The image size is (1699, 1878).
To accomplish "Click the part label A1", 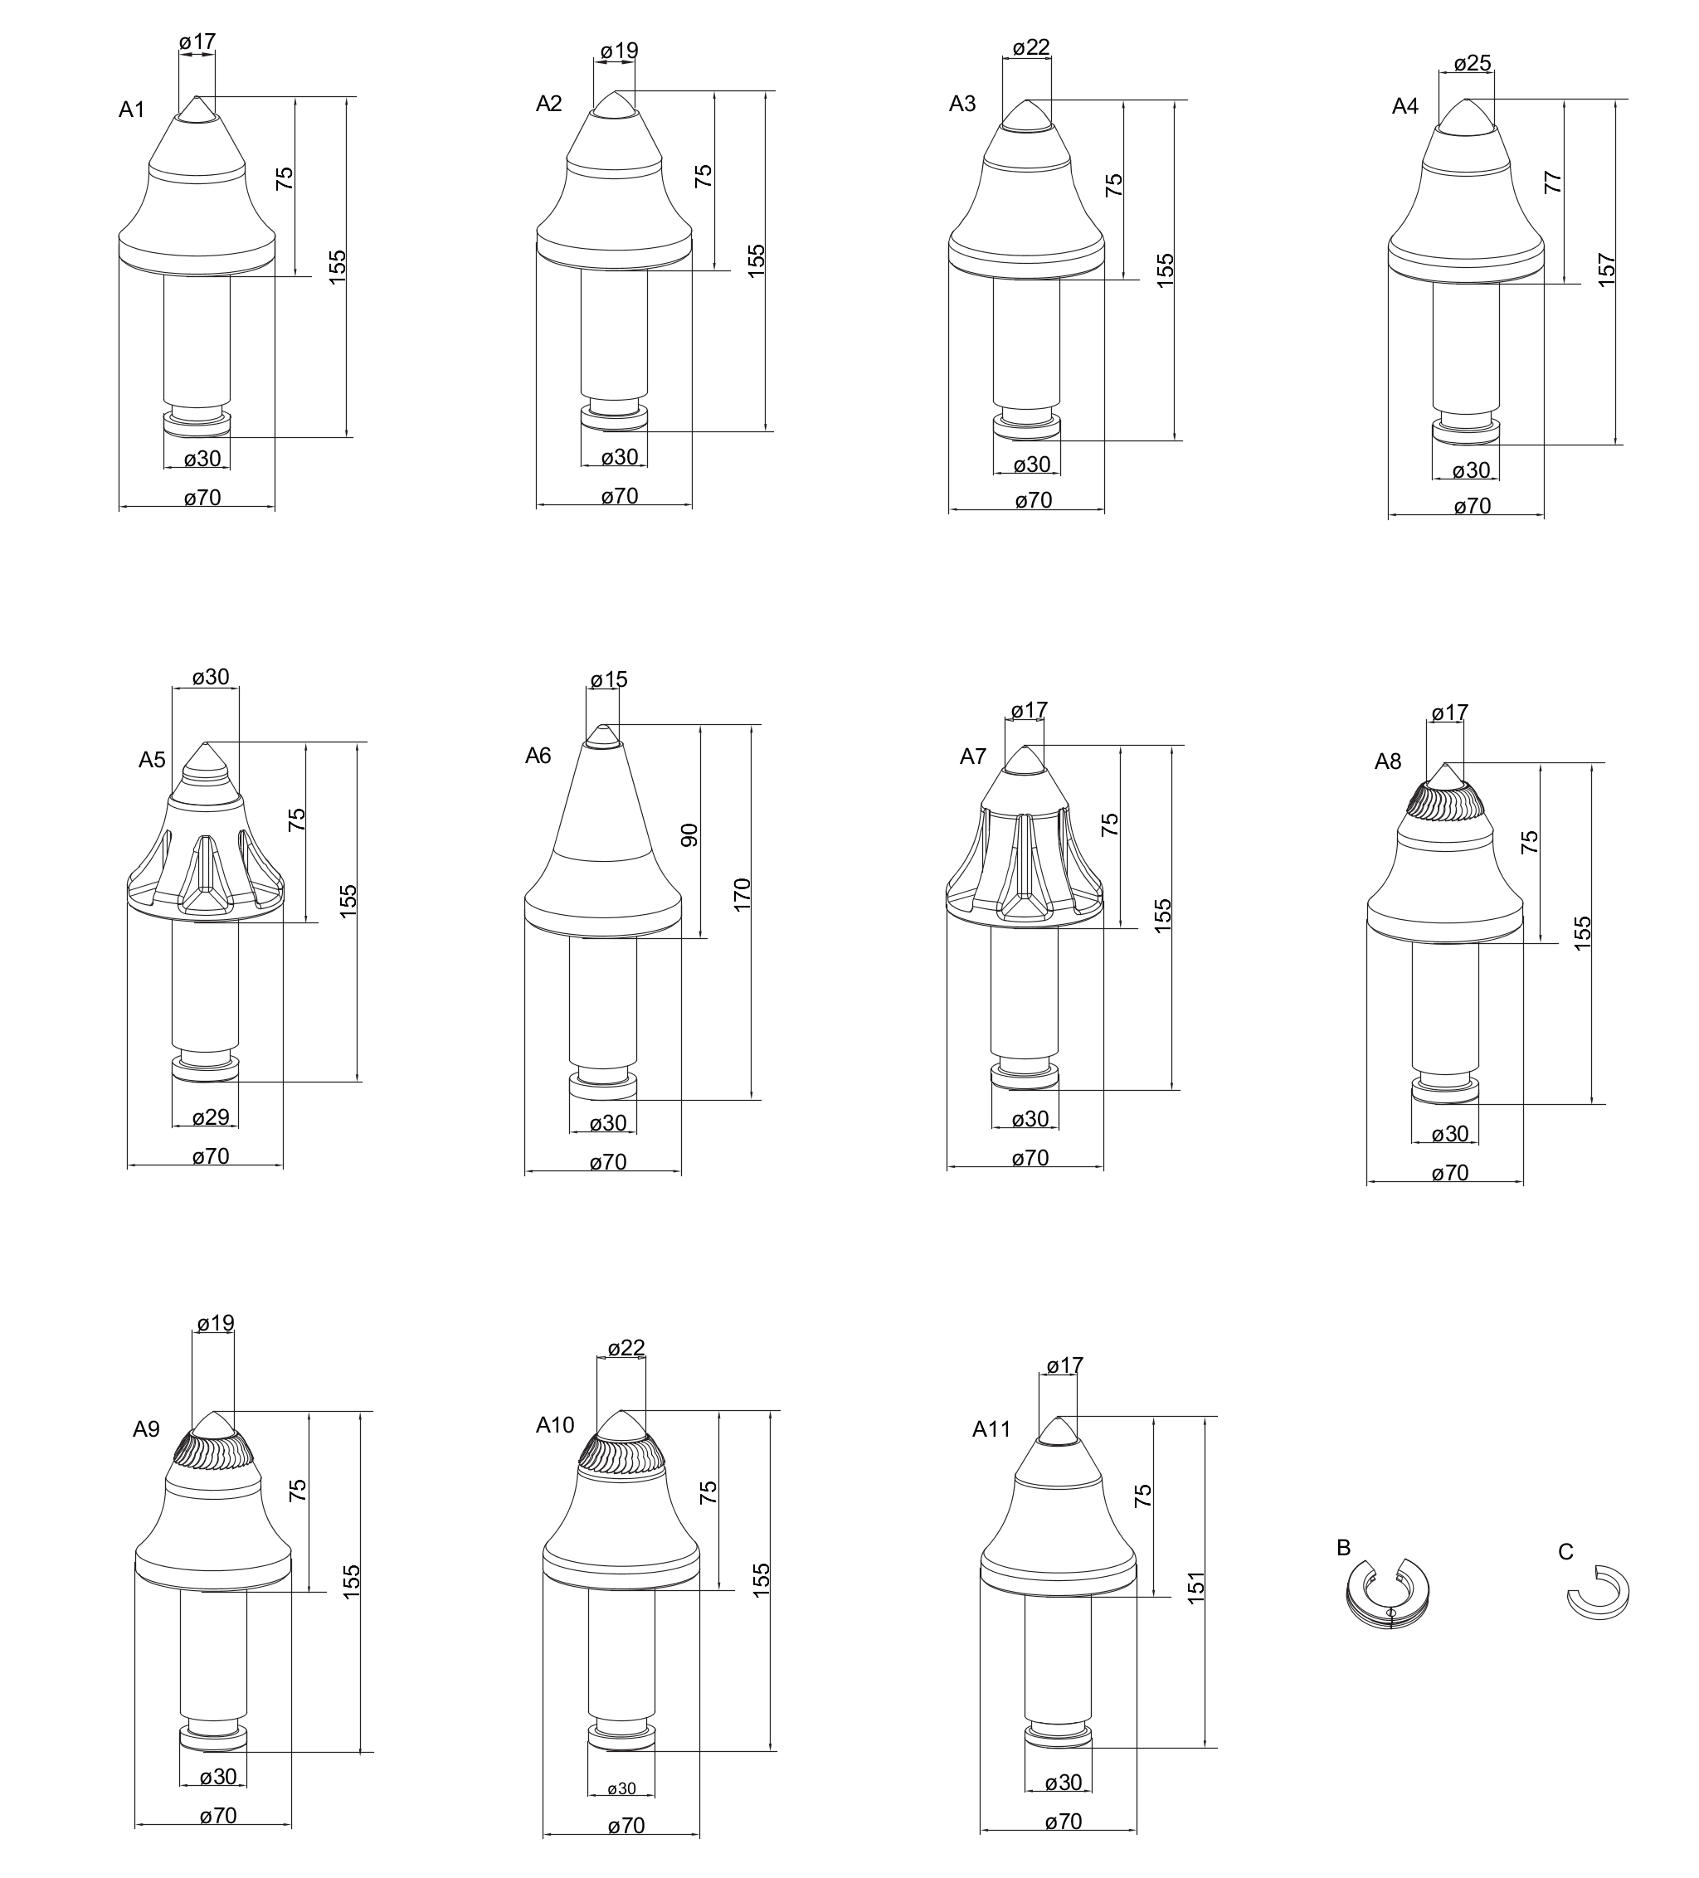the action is tap(131, 110).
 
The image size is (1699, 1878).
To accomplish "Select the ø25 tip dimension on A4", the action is tap(1473, 63).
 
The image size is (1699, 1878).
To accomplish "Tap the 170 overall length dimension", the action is tap(742, 894).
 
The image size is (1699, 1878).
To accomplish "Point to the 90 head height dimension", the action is tap(689, 834).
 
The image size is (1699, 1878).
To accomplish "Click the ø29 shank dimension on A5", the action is tap(211, 1117).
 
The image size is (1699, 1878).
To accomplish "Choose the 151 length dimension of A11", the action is tap(1197, 1586).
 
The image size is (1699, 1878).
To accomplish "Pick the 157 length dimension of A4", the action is tap(1607, 270).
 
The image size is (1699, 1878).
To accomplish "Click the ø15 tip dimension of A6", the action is tap(608, 680).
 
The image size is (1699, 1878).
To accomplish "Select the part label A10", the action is tap(555, 1424).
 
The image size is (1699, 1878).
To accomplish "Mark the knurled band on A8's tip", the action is tap(1443, 800).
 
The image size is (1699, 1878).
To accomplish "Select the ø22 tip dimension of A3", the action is tap(1031, 47).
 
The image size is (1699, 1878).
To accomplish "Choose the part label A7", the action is tap(972, 757).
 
